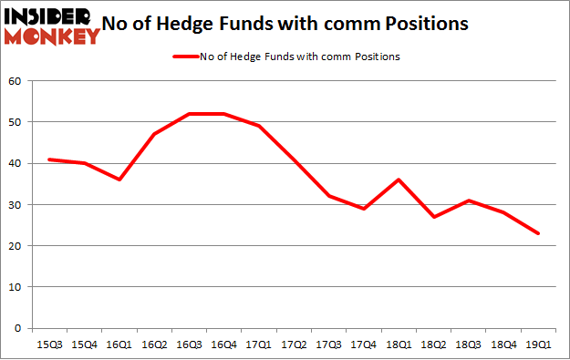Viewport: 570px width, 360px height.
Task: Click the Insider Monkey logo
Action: pos(52,26)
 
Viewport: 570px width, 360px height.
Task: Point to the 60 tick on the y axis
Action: pos(16,81)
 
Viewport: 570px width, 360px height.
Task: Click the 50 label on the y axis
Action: pos(16,122)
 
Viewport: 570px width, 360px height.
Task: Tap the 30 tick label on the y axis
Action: pos(16,205)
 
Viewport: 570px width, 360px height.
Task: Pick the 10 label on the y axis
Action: pos(16,287)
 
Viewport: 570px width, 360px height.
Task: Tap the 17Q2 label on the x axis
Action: pos(294,345)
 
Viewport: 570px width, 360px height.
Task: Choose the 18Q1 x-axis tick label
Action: pos(399,345)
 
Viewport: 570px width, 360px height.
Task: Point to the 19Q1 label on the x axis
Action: pos(539,345)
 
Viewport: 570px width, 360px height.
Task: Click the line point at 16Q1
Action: pos(119,180)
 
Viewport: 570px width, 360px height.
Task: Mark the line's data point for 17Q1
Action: pos(259,126)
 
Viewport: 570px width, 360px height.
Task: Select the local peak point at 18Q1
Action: pos(399,180)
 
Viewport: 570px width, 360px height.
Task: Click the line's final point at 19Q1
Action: pos(539,233)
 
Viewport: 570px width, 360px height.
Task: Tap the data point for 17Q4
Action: pos(364,209)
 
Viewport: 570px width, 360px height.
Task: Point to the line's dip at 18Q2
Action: pos(434,217)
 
